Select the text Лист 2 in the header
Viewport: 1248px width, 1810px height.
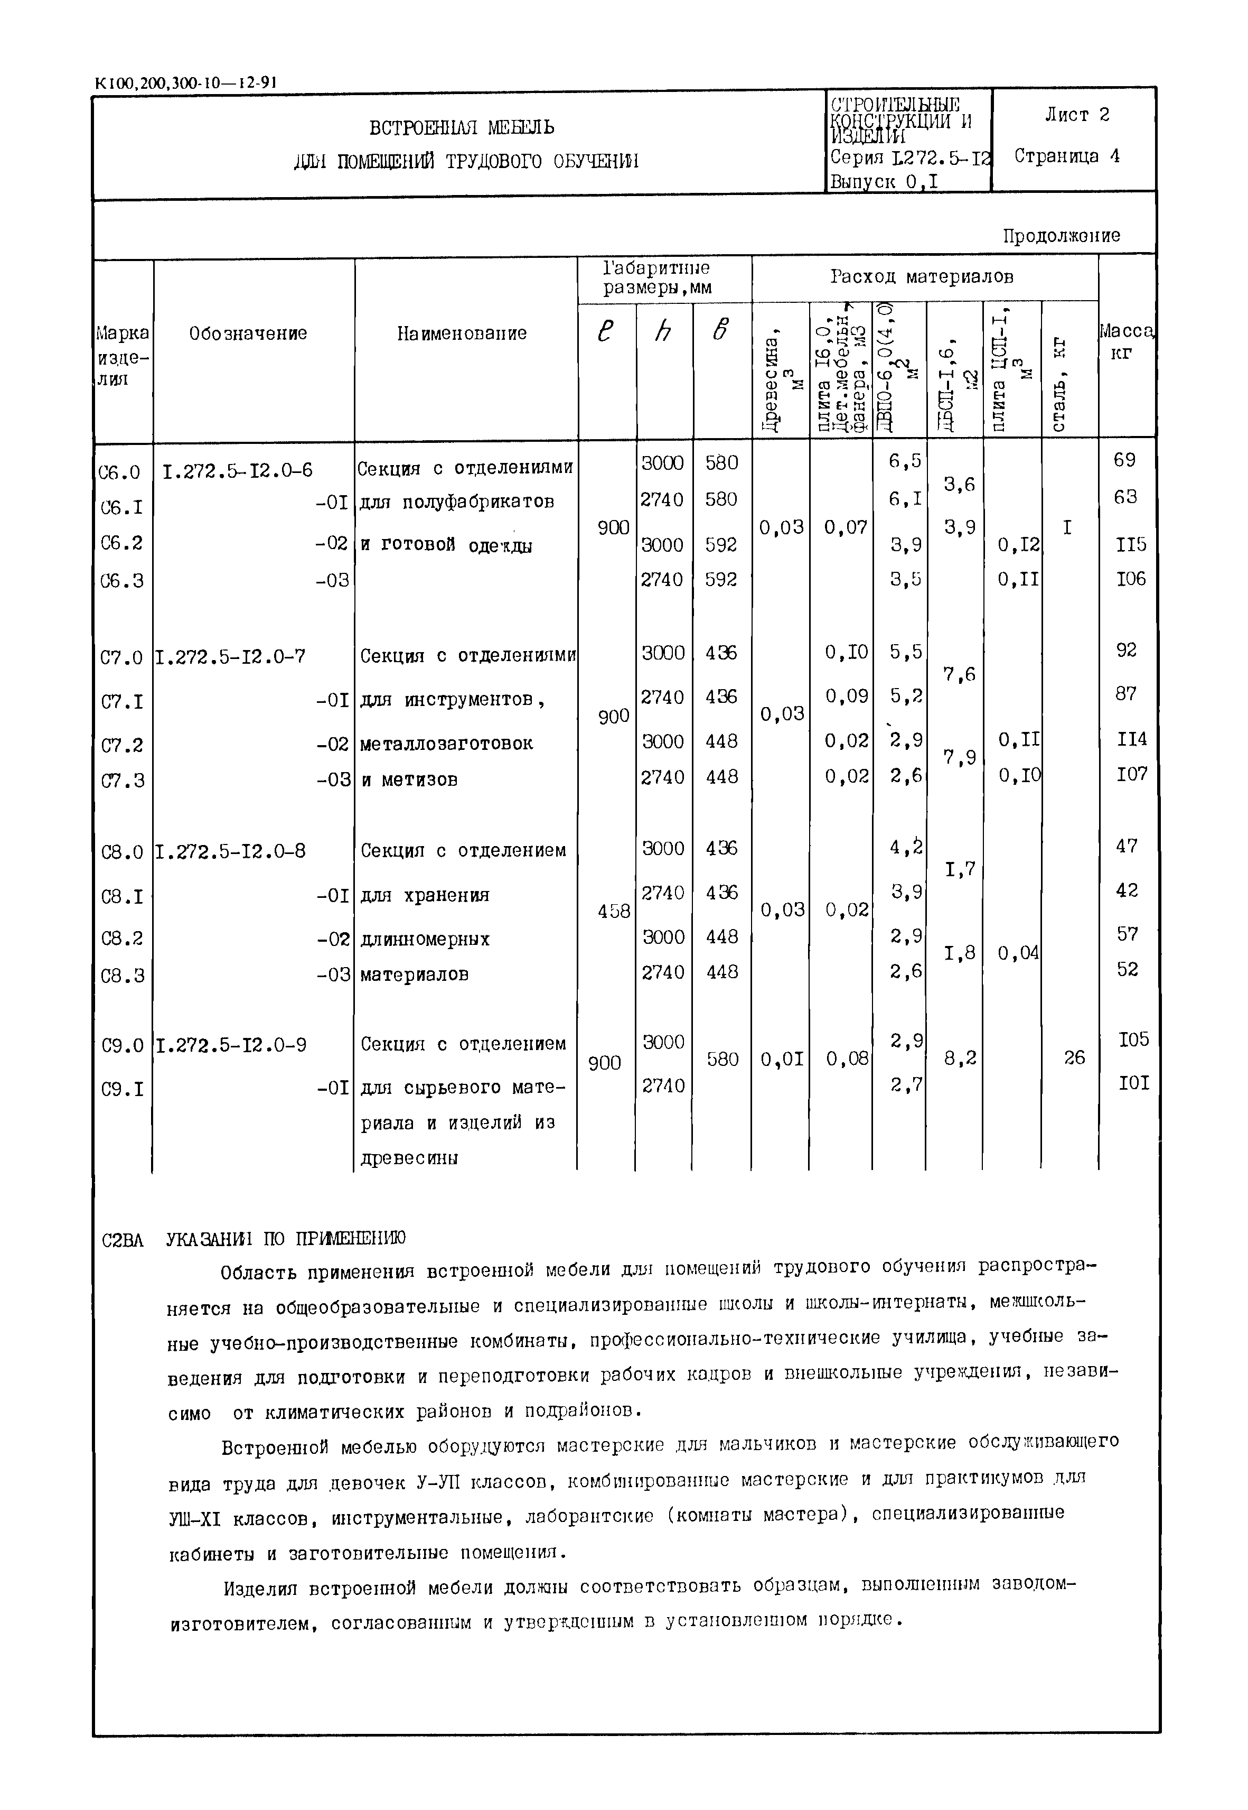(x=1077, y=115)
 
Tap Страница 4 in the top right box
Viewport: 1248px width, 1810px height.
(x=1067, y=156)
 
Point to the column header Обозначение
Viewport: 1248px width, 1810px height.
(x=248, y=334)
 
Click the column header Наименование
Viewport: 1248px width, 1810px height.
(x=462, y=334)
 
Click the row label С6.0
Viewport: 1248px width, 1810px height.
(x=120, y=472)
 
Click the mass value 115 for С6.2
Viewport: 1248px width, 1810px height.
(x=1131, y=544)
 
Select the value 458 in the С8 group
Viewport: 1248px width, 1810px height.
(x=613, y=911)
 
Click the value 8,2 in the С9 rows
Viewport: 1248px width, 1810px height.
(x=960, y=1059)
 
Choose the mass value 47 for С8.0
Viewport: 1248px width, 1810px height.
(x=1126, y=846)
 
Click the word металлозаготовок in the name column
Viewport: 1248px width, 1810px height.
(x=446, y=743)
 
